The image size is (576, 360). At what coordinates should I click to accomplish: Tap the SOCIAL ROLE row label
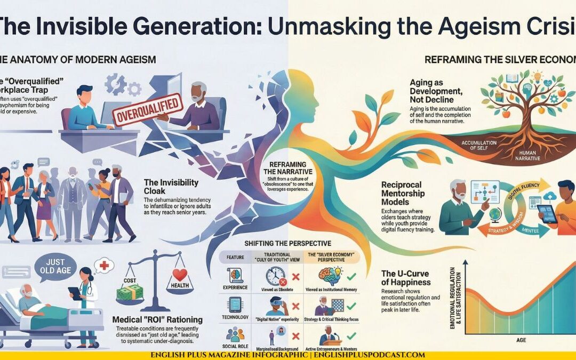pos(234,346)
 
